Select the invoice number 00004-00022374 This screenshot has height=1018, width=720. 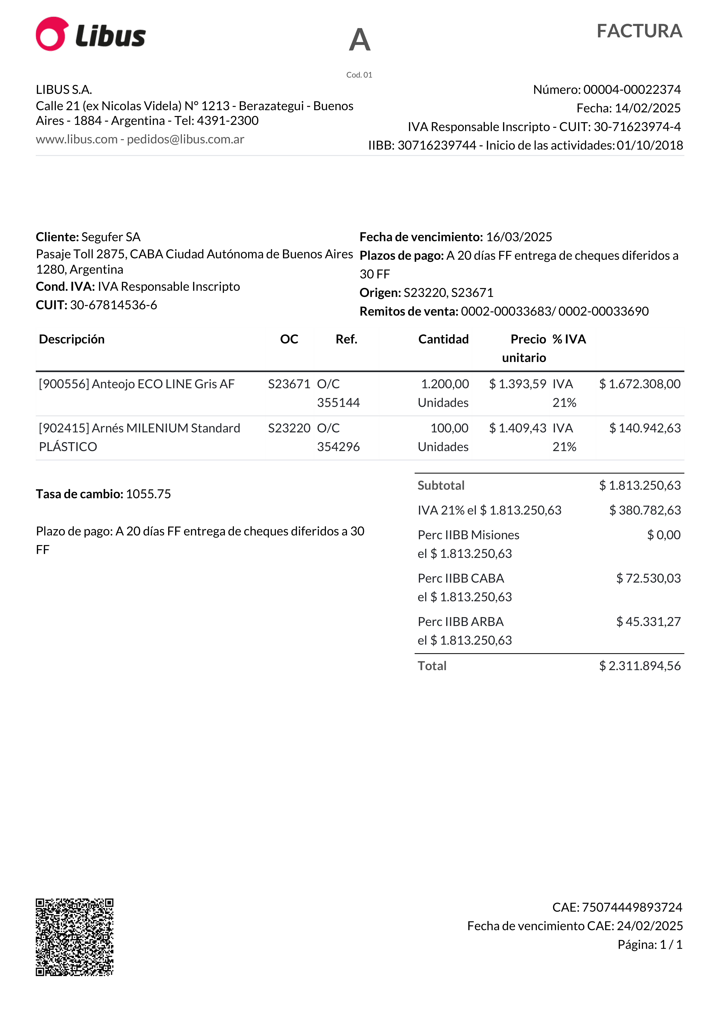point(632,90)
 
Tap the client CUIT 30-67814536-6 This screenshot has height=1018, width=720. point(114,305)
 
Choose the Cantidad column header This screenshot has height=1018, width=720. point(443,339)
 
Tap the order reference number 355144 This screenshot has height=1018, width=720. point(338,403)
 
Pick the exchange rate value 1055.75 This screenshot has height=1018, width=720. point(148,494)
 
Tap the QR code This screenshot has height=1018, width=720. point(75,937)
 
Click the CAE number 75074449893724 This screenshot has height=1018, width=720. point(632,908)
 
